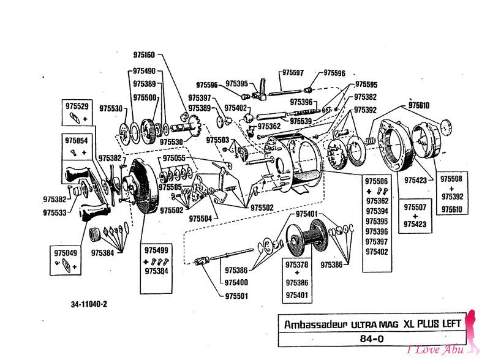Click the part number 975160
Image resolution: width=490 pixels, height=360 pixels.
pyautogui.click(x=142, y=54)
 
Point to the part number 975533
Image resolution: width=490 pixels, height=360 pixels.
pyautogui.click(x=55, y=212)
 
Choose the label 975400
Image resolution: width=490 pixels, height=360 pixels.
pyautogui.click(x=236, y=282)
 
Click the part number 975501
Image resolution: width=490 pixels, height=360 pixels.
pyautogui.click(x=236, y=296)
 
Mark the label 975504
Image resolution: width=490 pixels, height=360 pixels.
pyautogui.click(x=201, y=218)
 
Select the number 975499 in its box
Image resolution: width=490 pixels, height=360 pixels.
pyautogui.click(x=157, y=250)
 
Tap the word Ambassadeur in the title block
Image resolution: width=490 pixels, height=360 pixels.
pyautogui.click(x=313, y=325)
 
